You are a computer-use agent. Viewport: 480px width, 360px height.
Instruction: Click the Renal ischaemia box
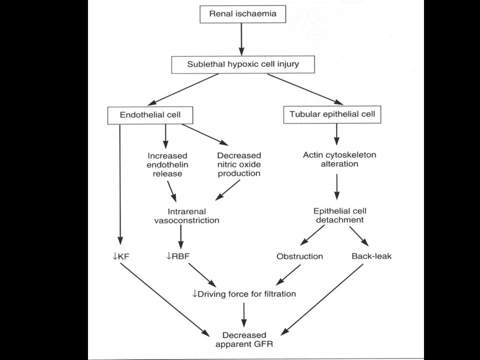click(243, 14)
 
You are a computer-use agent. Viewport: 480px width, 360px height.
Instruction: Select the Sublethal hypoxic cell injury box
click(243, 64)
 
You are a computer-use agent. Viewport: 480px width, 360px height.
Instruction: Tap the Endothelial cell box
click(150, 115)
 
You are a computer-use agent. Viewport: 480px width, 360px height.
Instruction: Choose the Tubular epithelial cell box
click(332, 114)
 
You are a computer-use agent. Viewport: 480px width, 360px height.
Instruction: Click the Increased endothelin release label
click(167, 164)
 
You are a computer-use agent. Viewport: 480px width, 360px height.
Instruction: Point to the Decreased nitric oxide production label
click(239, 164)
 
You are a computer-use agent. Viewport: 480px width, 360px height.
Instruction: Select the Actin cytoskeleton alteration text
click(339, 159)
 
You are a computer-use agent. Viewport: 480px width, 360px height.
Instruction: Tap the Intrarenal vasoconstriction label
click(186, 216)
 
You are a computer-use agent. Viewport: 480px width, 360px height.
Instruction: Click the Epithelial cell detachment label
click(340, 215)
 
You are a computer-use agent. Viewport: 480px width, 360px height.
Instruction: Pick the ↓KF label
click(121, 256)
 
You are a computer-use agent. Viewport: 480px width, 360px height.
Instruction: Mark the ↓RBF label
click(178, 256)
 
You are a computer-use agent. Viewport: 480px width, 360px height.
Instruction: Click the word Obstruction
click(299, 256)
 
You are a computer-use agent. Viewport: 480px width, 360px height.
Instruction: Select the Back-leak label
click(371, 256)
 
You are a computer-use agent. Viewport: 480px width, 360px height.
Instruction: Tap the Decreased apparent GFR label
click(244, 339)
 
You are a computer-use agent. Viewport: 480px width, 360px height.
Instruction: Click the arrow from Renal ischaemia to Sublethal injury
click(241, 39)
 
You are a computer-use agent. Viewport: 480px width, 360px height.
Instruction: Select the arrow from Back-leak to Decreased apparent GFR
click(322, 299)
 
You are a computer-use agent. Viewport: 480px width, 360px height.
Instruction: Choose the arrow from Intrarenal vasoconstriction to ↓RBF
click(180, 237)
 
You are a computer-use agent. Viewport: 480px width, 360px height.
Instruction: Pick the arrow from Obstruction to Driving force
click(288, 275)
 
